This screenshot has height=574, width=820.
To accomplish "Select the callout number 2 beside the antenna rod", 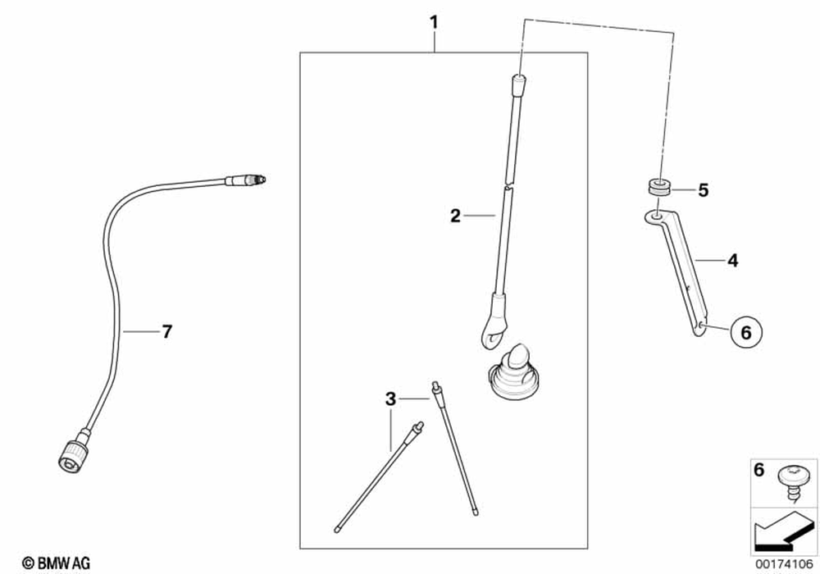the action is pos(456,216).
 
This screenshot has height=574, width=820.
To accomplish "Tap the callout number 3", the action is pos(391,399).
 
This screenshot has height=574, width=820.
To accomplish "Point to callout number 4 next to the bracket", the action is pos(732,262).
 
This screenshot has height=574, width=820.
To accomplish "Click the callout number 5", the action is pos(703,190).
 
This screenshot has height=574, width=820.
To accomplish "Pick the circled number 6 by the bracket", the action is pos(745,332).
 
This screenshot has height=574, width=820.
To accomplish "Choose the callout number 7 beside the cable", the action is pos(166,331).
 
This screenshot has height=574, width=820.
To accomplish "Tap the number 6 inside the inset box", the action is pos(758,470).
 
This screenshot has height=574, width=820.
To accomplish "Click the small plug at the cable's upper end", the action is pos(248,179).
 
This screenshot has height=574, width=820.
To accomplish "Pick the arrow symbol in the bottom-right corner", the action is pos(783,531).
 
